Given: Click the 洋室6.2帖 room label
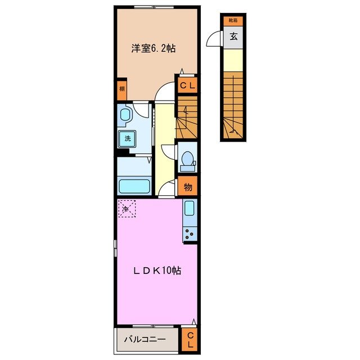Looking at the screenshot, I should pos(154,49).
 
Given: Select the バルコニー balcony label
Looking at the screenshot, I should pos(144,340).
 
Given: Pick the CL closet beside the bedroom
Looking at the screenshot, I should pos(188,85).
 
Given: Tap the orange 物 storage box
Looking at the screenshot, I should pos(188,186).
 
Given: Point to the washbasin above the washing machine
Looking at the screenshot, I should pos(125,115).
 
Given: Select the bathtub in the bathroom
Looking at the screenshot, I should pos(134,185).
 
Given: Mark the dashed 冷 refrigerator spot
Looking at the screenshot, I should pos(127,209).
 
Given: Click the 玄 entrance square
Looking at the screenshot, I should pos(232,37).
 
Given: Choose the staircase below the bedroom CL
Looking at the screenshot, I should pos(188,115).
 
